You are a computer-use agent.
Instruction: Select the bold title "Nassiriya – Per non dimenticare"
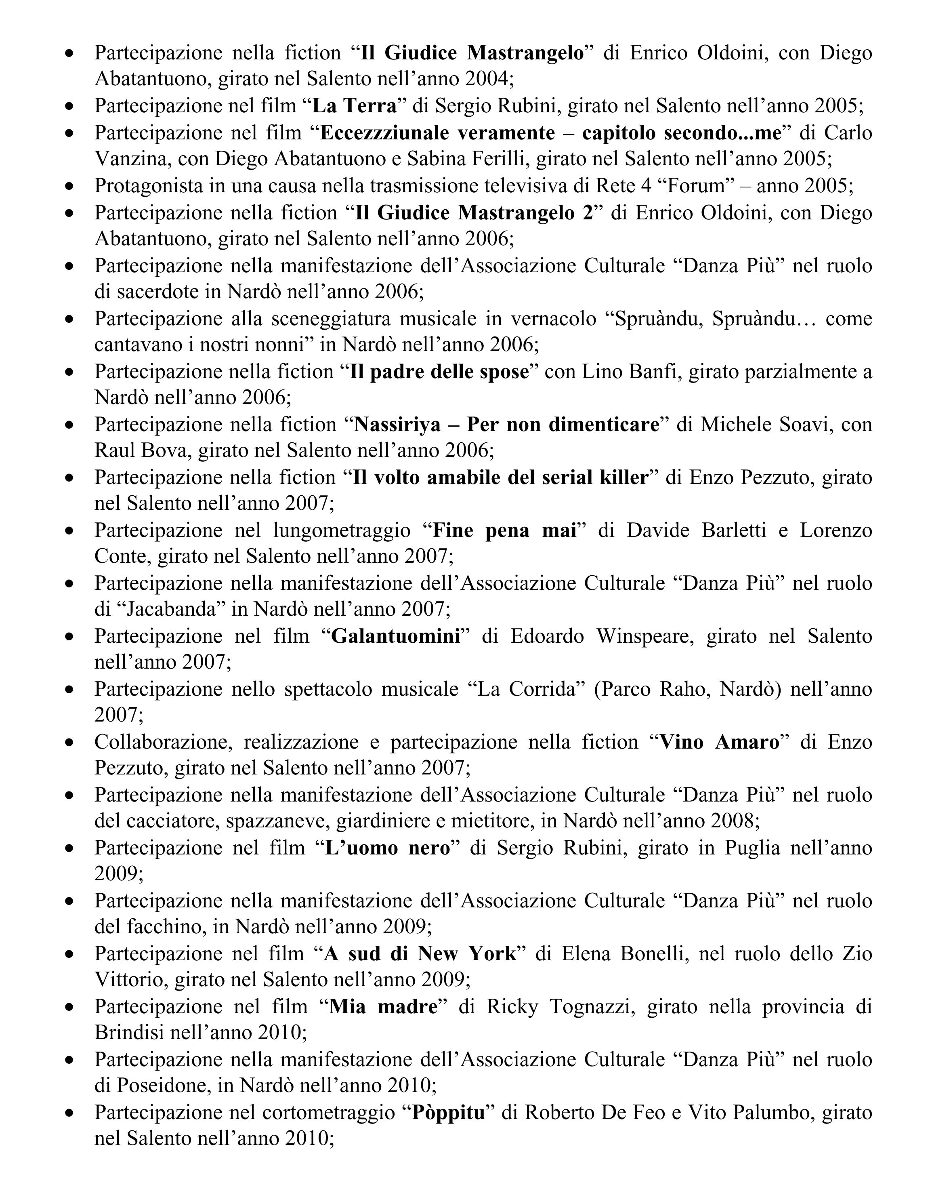(507, 425)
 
